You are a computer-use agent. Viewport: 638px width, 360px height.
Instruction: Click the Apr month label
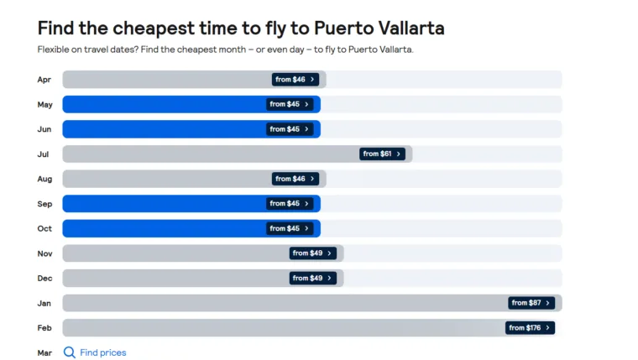[x=44, y=80]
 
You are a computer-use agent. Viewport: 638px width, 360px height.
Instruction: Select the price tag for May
[x=290, y=105]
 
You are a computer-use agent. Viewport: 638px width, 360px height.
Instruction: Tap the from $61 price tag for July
[x=382, y=154]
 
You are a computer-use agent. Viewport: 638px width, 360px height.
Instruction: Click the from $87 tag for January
[x=531, y=303]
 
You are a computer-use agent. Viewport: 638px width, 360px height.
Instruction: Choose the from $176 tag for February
[x=530, y=328]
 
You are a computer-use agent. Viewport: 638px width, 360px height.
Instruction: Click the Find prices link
[x=102, y=353]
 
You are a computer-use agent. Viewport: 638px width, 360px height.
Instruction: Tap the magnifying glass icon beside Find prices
[x=70, y=353]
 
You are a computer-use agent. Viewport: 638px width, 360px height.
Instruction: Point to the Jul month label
[x=44, y=154]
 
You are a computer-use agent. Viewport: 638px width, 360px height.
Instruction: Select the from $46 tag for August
[x=295, y=179]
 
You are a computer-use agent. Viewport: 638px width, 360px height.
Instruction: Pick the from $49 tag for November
[x=312, y=253]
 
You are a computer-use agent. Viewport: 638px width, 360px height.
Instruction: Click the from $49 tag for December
[x=312, y=279]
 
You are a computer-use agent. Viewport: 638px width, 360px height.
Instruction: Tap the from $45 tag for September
[x=290, y=204]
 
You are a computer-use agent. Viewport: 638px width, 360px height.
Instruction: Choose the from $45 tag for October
[x=290, y=228]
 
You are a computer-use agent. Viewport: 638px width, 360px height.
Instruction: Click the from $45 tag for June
[x=290, y=129]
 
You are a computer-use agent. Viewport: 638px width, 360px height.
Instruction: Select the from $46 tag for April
[x=295, y=80]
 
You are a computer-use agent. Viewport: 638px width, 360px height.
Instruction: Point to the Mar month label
[x=44, y=353]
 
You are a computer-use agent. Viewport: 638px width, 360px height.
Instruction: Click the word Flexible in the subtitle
[x=55, y=50]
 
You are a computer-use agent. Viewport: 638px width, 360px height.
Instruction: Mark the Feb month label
[x=44, y=328]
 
